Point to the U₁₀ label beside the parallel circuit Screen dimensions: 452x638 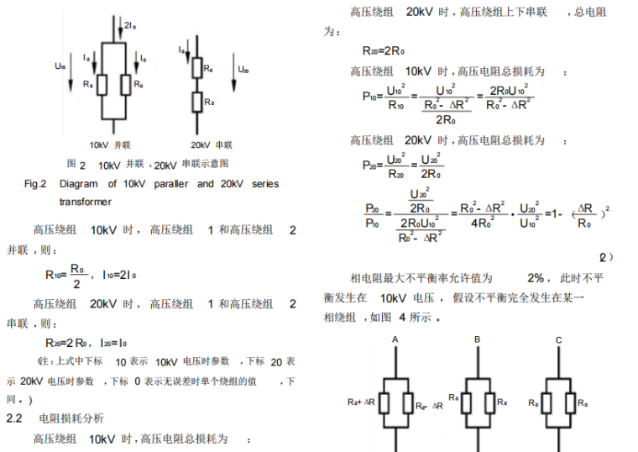click(x=59, y=66)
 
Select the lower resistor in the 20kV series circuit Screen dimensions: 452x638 click(x=196, y=102)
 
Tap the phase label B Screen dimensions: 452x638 click(x=476, y=339)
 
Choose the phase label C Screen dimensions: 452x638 click(x=558, y=339)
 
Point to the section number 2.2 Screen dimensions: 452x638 click(x=17, y=418)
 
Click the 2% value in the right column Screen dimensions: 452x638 click(x=536, y=277)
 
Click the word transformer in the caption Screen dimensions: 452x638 click(x=85, y=202)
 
